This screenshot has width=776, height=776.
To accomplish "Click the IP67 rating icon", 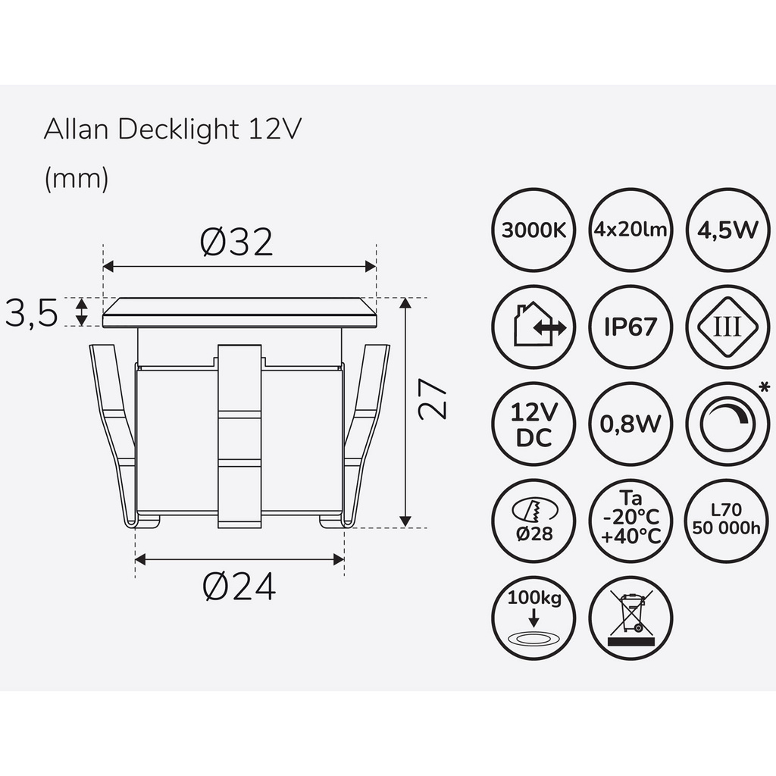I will (630, 327).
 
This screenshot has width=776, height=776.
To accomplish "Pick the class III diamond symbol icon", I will (727, 327).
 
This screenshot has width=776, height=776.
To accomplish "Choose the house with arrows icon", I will (533, 327).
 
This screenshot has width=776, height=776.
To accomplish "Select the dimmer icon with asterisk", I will (727, 424).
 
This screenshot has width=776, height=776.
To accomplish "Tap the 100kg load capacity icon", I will (533, 618).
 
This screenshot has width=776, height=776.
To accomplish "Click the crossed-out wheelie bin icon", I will (630, 618).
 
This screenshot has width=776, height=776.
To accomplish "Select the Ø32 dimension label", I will (236, 242).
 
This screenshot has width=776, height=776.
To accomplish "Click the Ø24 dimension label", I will (239, 586).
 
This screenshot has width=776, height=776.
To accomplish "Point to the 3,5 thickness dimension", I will (32, 313).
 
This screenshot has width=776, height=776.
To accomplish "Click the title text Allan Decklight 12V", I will (174, 129).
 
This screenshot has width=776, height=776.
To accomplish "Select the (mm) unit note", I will (77, 178).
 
